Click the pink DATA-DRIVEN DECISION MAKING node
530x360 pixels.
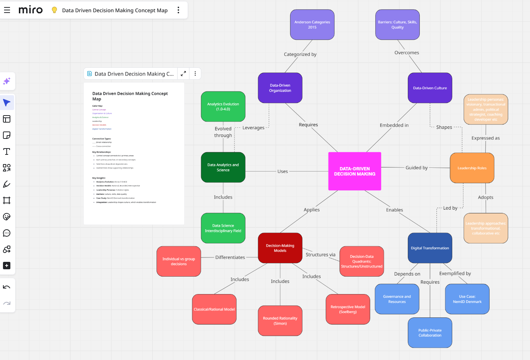pos(355,171)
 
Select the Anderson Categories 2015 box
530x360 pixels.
pos(312,25)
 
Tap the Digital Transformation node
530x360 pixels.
pos(430,248)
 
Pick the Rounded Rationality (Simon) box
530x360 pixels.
pos(280,321)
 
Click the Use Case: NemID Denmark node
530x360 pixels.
pos(467,299)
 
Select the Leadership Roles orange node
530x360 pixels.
pos(472,168)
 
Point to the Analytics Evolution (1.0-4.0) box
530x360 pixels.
pos(223,107)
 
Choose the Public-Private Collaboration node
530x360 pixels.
pos(430,333)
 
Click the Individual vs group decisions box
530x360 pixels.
pos(179,261)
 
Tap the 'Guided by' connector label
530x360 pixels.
pos(416,168)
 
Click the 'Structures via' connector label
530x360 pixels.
pos(321,255)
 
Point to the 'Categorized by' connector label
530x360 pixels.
pos(300,54)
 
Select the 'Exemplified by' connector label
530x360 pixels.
pos(455,274)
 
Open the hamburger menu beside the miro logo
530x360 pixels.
pos(7,10)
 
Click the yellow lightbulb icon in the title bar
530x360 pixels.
pos(54,10)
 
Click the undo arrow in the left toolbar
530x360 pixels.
pos(7,287)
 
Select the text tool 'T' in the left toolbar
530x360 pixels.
pos(7,151)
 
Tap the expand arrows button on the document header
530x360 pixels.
pos(183,74)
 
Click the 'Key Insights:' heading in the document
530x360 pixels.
pos(99,178)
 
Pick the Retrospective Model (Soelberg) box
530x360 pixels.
pos(348,309)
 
